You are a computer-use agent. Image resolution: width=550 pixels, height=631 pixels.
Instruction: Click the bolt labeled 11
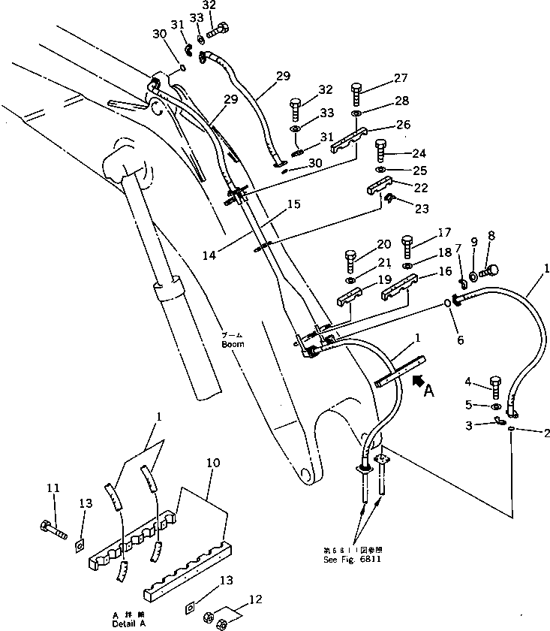[x=54, y=524]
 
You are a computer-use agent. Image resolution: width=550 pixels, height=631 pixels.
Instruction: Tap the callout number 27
[x=400, y=77]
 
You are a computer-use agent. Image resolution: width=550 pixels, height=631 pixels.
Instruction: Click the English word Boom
[x=233, y=345]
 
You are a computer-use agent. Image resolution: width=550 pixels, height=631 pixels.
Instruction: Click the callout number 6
[x=460, y=340]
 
